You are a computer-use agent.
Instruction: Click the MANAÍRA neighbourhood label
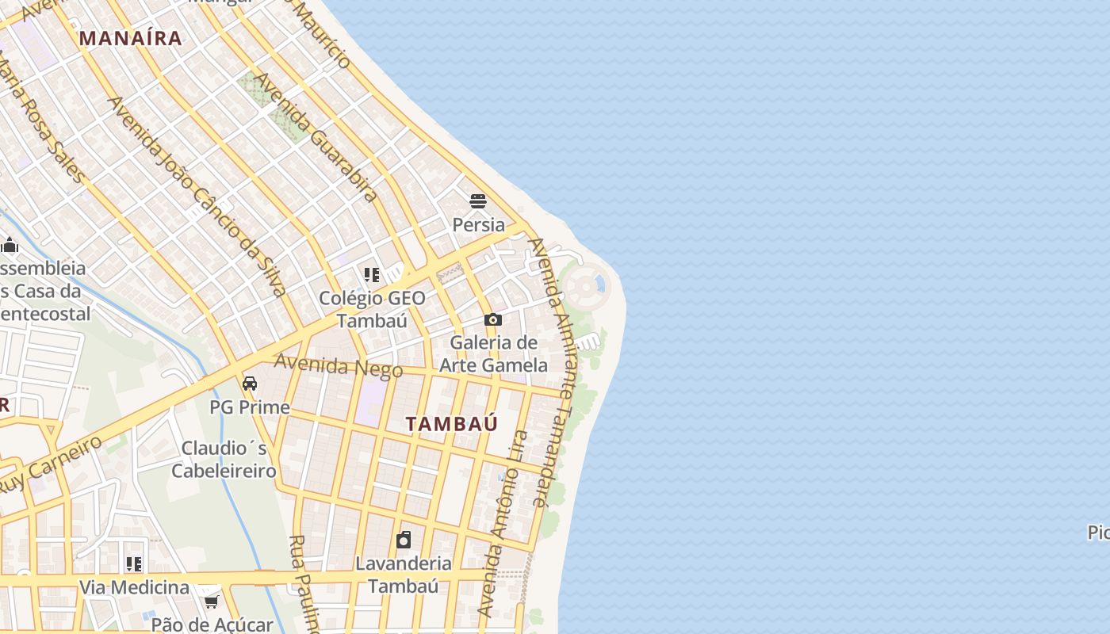[131, 37]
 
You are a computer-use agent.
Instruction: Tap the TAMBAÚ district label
[452, 424]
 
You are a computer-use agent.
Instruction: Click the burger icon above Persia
[477, 201]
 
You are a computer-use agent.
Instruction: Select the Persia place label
[478, 224]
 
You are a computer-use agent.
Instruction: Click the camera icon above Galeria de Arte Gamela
[493, 320]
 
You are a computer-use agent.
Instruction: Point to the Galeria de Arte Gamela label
[493, 353]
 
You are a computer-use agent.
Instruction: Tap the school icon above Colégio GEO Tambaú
[372, 275]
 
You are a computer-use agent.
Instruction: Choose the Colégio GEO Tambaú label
[372, 309]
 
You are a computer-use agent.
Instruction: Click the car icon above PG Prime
[250, 384]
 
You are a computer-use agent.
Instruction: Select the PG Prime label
[250, 407]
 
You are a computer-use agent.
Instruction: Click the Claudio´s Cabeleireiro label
[224, 460]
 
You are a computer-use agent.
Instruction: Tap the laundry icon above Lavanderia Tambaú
[404, 540]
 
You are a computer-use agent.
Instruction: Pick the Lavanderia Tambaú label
[404, 575]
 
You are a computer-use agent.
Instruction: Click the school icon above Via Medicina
[134, 564]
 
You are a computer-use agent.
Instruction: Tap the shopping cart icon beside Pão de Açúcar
[211, 602]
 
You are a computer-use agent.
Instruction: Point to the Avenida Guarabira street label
[316, 138]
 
